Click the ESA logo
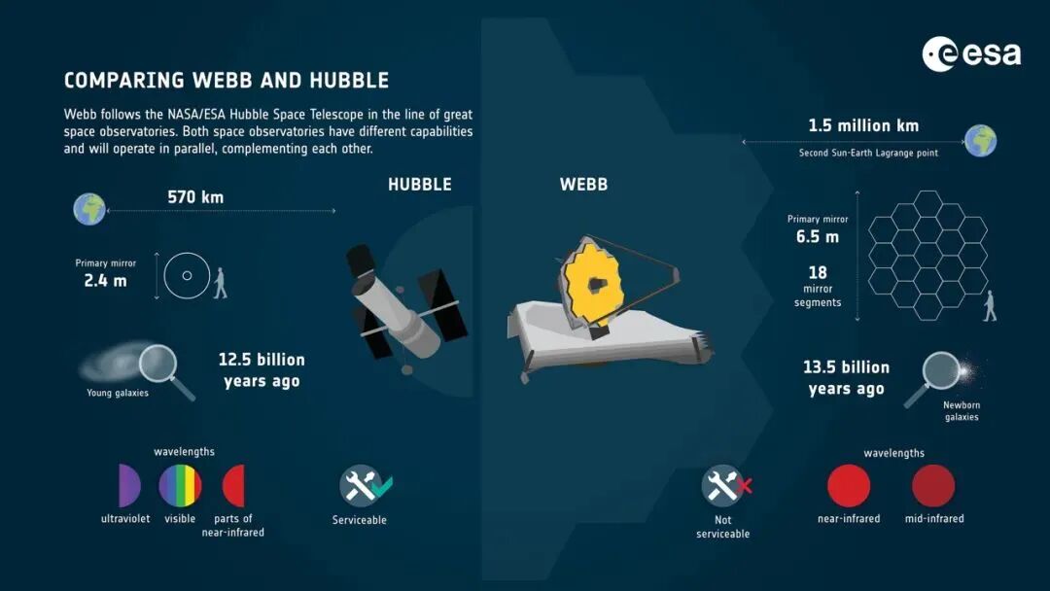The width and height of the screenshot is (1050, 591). (x=971, y=53)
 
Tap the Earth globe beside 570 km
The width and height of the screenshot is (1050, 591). (x=89, y=209)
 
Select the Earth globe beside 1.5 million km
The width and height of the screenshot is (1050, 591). (x=980, y=141)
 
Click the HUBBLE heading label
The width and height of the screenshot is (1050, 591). (x=420, y=185)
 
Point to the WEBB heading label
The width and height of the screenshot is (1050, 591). (x=584, y=185)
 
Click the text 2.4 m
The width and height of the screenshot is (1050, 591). (x=105, y=281)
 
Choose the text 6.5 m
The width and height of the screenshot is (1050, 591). (x=817, y=237)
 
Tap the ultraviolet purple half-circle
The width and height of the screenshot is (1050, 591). (x=129, y=485)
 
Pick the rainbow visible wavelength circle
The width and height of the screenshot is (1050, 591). (x=180, y=485)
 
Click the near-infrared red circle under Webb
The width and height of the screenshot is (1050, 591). (x=849, y=486)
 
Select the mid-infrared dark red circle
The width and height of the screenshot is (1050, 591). (x=933, y=486)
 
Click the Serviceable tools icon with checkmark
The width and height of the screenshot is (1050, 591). (x=365, y=486)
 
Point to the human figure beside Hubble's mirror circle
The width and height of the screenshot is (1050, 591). (x=220, y=283)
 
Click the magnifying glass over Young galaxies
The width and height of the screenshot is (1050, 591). (x=165, y=370)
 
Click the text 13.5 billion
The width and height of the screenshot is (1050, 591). (x=847, y=367)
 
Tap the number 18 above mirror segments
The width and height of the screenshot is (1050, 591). (x=818, y=273)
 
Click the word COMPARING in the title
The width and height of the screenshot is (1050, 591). (x=123, y=81)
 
